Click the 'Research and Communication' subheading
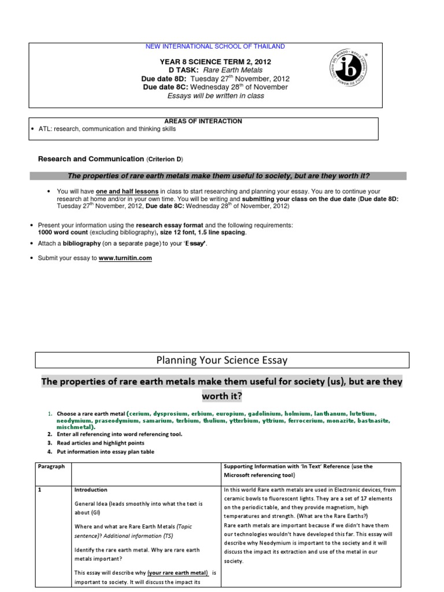(x=91, y=158)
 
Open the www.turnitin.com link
(x=125, y=258)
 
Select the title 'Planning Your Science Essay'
(x=222, y=361)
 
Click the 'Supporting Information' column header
(x=298, y=466)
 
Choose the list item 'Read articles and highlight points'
(x=105, y=442)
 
